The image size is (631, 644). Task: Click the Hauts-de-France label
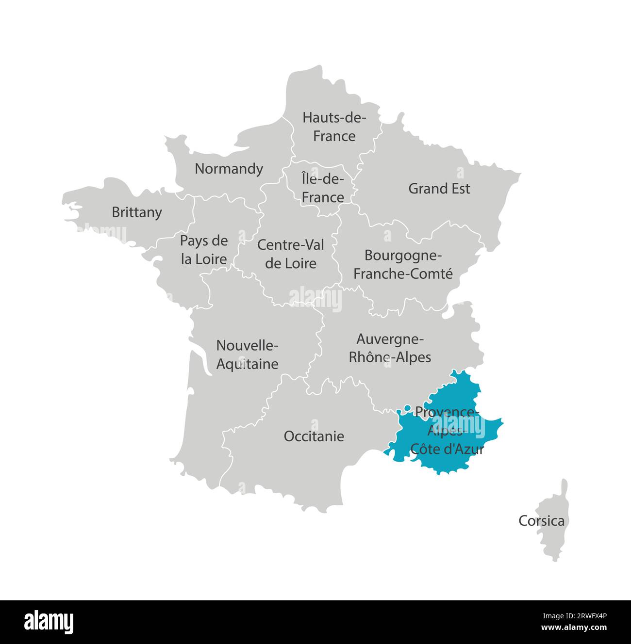(x=334, y=127)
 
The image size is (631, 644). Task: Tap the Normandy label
(x=229, y=169)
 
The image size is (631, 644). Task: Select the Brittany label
(x=137, y=212)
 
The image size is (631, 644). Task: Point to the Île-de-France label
(x=323, y=188)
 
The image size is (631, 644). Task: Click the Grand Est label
(x=439, y=189)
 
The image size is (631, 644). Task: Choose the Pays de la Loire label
(x=204, y=250)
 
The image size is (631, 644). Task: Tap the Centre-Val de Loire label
(x=291, y=254)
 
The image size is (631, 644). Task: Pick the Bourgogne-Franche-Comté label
(x=403, y=264)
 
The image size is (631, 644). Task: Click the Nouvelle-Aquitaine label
(x=247, y=354)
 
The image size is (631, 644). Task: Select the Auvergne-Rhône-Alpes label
(x=390, y=348)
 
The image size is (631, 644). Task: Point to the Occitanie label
(x=314, y=436)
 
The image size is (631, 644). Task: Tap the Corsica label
(x=541, y=521)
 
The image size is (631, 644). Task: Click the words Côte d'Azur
(x=447, y=449)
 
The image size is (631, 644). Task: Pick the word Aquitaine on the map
(x=247, y=364)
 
